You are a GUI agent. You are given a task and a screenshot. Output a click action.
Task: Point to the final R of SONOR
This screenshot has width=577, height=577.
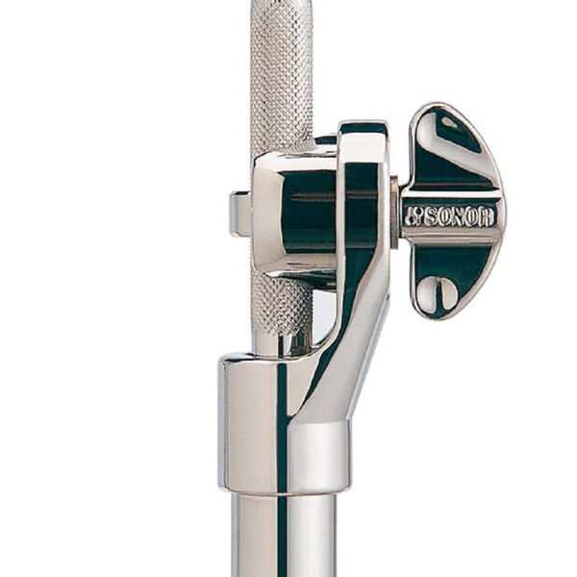[x=487, y=216]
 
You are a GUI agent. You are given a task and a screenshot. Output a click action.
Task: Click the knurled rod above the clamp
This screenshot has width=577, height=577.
[x=281, y=77]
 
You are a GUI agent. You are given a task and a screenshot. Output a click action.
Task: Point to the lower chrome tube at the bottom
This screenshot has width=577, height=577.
[x=284, y=539]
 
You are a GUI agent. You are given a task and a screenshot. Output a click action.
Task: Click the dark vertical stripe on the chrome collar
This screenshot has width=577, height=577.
[x=283, y=423]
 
